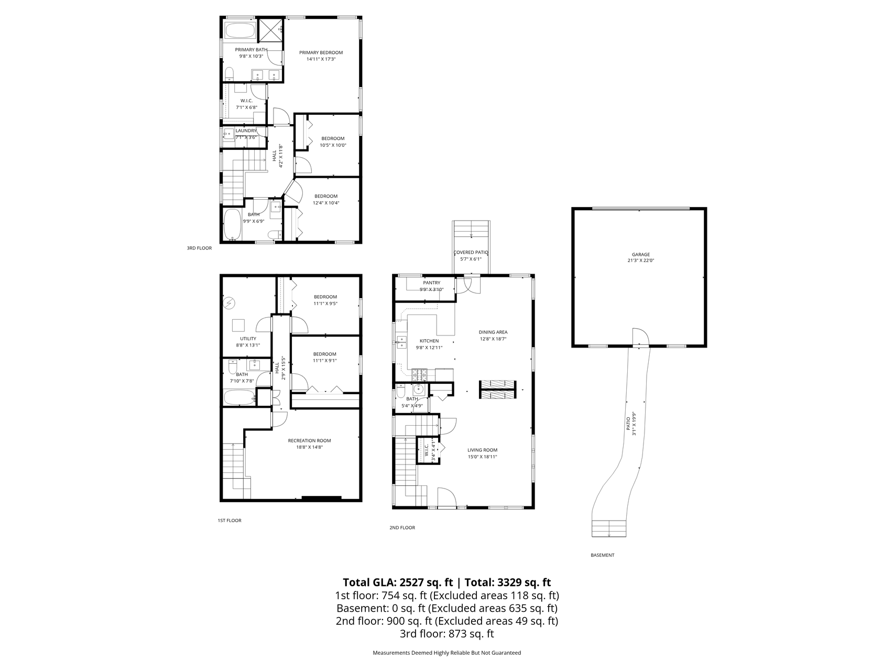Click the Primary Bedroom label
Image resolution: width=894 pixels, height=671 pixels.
321,52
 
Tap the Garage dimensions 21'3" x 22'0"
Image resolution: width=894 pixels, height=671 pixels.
640,261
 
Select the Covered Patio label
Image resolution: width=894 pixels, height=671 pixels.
471,252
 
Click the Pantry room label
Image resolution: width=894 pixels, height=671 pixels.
432,283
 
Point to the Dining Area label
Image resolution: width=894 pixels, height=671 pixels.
493,332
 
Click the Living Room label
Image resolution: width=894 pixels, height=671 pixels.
482,450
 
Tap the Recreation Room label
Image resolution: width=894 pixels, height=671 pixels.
309,440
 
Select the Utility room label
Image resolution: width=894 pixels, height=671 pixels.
248,339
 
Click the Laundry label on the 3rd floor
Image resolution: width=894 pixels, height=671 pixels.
246,131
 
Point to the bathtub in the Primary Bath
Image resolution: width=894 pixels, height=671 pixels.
241,30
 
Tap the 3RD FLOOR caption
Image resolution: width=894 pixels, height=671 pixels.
199,248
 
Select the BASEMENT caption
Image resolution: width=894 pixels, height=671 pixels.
602,555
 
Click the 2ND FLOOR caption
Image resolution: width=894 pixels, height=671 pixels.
402,527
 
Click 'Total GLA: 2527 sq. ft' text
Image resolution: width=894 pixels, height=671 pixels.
398,582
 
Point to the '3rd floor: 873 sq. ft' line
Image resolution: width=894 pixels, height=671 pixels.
446,634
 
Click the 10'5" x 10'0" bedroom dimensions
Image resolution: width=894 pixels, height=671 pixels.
333,145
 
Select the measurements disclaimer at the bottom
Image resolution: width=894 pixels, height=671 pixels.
446,653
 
